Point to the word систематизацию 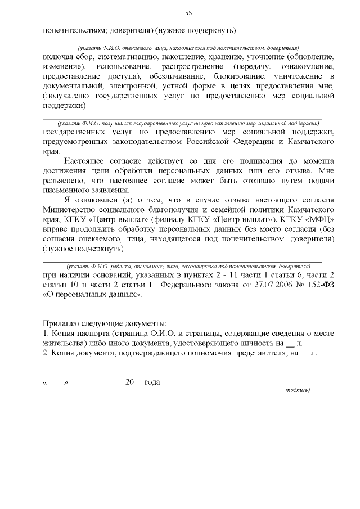tap(125, 57)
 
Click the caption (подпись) tap(297, 390)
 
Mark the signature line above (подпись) tap(291, 385)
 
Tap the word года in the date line tap(152, 382)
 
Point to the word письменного tap(69, 189)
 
